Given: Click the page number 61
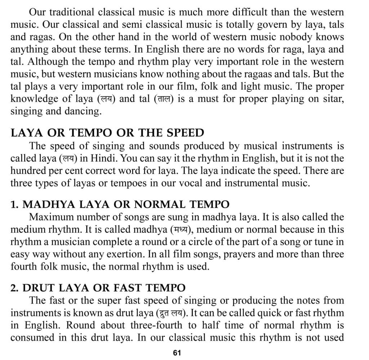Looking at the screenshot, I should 177,352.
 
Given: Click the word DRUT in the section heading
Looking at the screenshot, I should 38,288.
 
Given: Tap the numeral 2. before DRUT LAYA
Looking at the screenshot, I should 14,288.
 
